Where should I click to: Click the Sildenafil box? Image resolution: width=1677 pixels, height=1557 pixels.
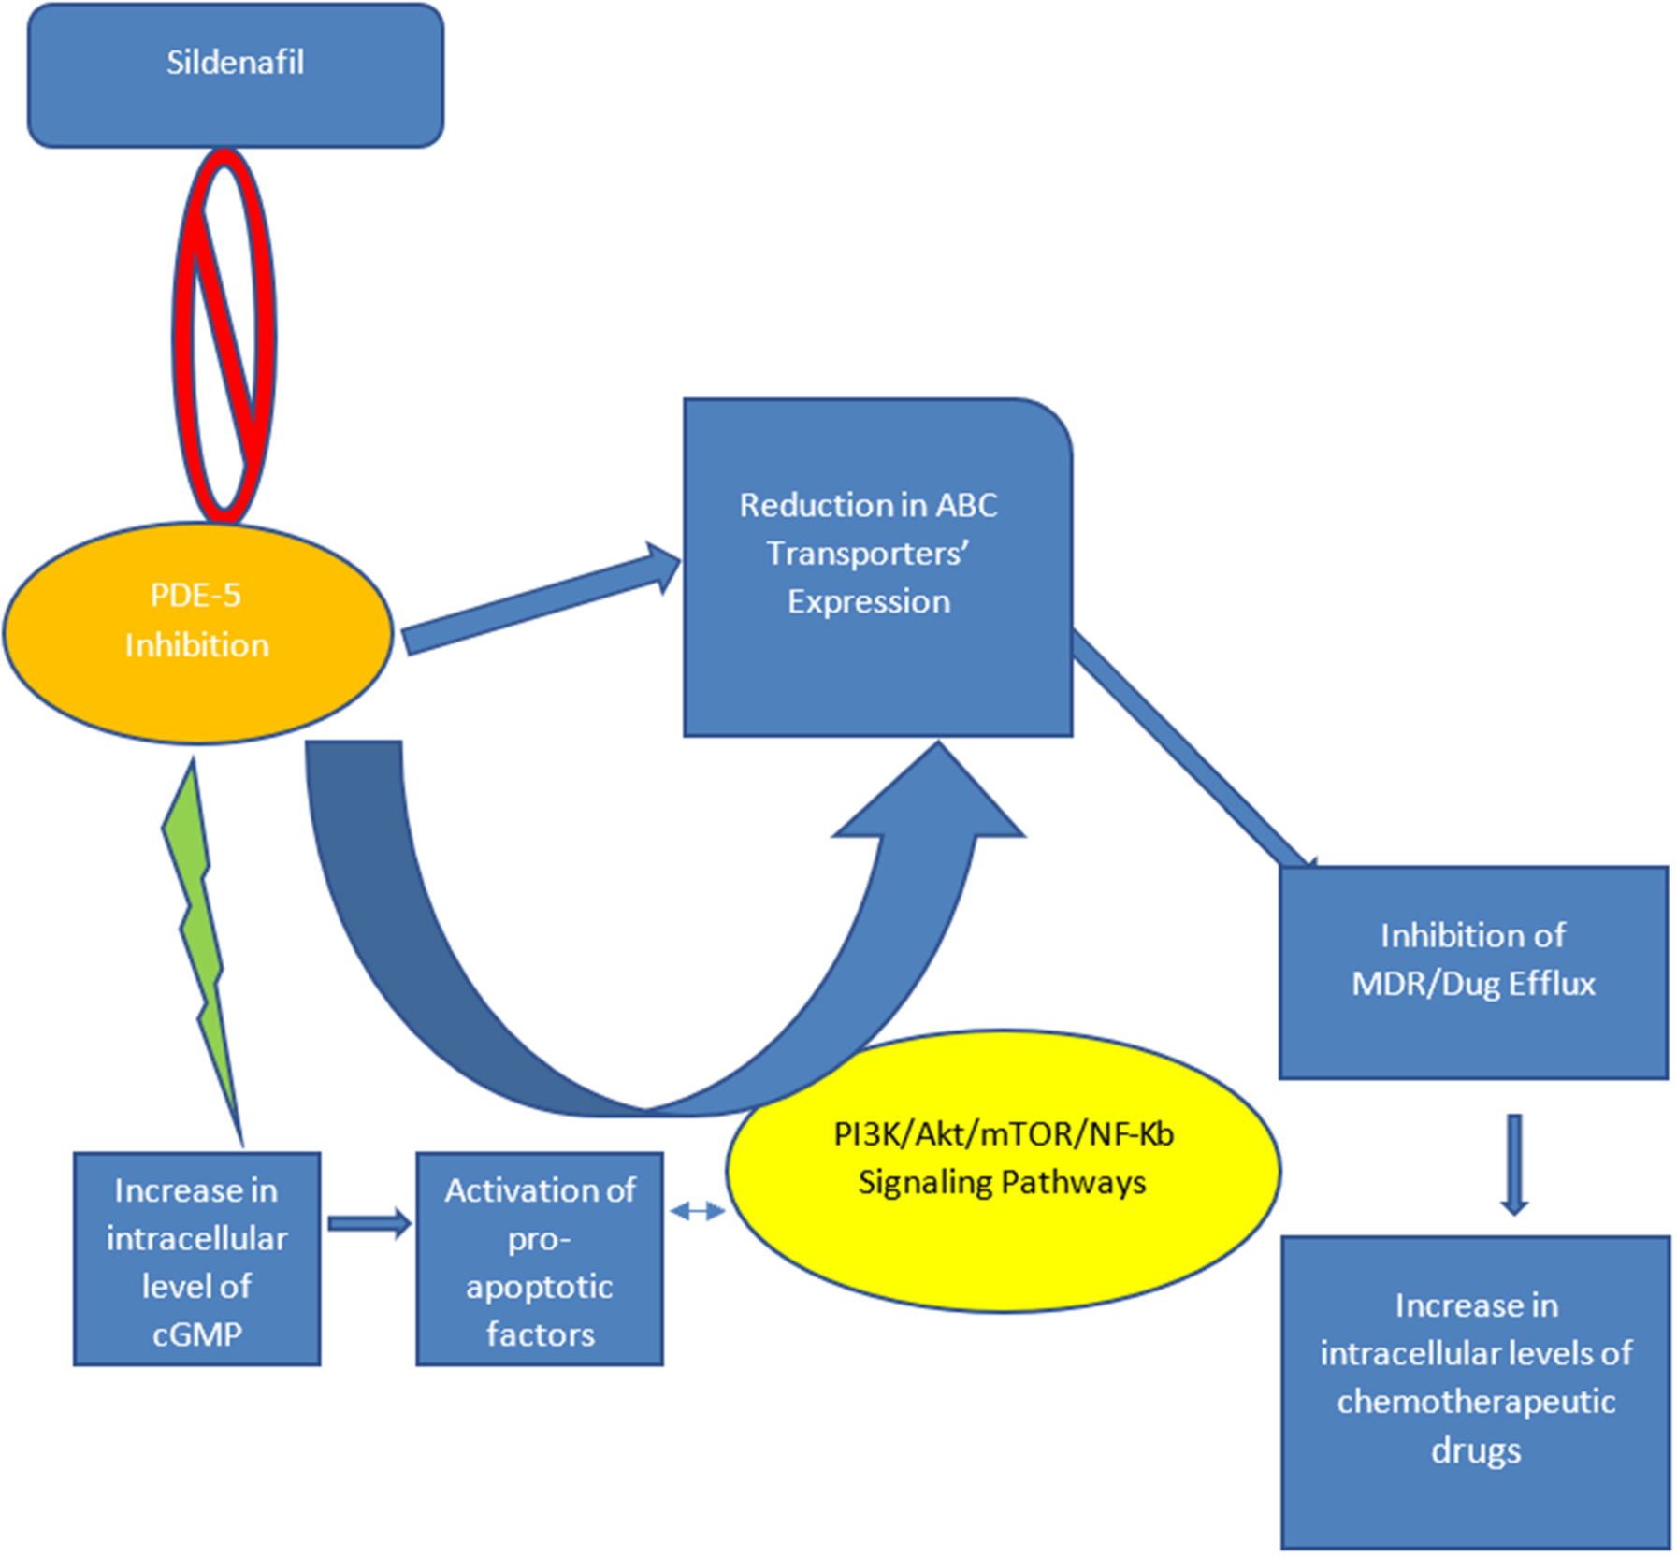click(235, 75)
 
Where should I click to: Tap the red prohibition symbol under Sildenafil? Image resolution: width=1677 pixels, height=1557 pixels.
click(224, 335)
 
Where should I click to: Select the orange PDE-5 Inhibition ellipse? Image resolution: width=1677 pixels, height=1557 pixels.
click(197, 632)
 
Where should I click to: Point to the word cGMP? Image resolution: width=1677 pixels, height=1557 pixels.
click(197, 1334)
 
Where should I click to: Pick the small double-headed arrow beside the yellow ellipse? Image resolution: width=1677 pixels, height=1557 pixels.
click(697, 1212)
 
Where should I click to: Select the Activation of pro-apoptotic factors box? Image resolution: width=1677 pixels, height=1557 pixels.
click(540, 1259)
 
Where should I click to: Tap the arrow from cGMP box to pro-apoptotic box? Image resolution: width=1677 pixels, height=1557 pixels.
click(369, 1223)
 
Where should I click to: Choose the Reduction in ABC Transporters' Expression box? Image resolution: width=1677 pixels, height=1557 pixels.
click(877, 568)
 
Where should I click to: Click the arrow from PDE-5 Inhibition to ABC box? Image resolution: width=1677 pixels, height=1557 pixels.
click(541, 599)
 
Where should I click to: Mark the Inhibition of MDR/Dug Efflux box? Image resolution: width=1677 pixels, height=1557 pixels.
click(1473, 973)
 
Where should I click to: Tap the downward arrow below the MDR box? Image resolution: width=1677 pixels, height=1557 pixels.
click(1514, 1164)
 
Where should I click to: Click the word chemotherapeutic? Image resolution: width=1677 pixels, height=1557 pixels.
click(1476, 1402)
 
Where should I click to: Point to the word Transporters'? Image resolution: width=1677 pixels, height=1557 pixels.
click(868, 554)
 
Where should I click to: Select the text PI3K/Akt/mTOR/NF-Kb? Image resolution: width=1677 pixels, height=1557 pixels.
click(1003, 1134)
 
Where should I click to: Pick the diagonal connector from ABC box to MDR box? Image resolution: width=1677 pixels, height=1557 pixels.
click(1193, 748)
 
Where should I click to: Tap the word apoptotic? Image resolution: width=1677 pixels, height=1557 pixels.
click(540, 1288)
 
